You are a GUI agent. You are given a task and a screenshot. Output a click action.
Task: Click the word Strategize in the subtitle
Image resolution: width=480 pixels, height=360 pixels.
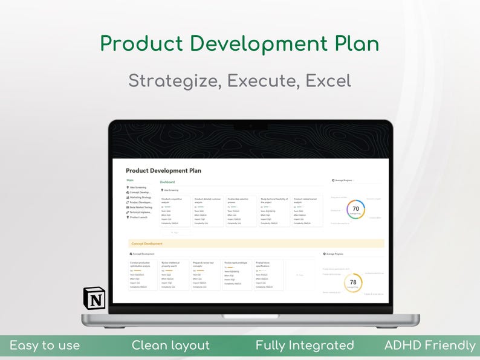[172, 80]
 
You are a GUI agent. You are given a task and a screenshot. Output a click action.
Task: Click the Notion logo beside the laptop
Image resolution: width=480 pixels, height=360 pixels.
[94, 298]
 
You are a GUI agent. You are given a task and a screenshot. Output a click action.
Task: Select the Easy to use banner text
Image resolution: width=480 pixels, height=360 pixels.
[45, 346]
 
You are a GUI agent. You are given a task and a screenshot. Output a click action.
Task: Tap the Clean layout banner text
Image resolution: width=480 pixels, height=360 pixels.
[171, 346]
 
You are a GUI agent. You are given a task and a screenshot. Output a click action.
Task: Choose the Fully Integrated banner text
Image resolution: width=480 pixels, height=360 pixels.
[305, 346]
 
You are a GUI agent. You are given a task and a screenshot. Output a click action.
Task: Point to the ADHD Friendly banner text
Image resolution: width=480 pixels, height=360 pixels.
[430, 346]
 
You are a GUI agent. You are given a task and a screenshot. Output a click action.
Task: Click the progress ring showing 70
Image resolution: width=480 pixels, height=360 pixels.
[355, 209]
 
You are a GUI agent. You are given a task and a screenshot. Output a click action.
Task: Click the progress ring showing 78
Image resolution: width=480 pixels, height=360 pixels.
[353, 282]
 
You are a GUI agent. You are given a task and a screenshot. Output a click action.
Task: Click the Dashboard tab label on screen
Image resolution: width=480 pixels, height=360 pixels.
[167, 182]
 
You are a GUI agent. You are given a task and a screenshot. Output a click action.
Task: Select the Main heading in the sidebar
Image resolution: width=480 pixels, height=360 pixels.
[130, 180]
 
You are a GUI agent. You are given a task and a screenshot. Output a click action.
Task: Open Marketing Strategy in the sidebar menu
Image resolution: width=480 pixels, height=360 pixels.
[140, 197]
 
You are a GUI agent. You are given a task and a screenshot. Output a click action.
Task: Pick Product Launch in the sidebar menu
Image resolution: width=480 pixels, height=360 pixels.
[138, 217]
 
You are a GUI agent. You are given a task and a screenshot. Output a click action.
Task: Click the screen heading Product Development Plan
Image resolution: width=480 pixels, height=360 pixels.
[163, 170]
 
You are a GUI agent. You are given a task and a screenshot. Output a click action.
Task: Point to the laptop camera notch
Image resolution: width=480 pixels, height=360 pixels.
[250, 125]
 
